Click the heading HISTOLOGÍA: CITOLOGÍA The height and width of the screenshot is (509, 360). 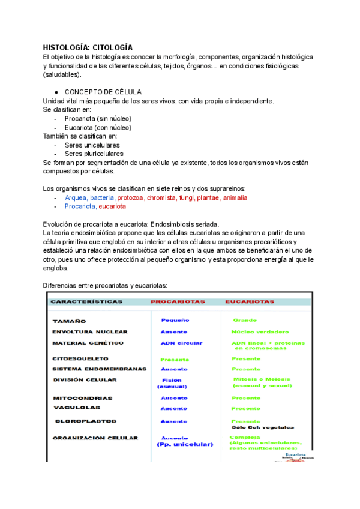(x=88, y=47)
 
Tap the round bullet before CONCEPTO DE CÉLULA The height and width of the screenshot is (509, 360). (x=56, y=92)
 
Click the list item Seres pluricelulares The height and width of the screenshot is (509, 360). (x=94, y=154)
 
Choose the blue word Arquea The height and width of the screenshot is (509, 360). (x=76, y=197)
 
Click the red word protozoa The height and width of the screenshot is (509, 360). (x=130, y=197)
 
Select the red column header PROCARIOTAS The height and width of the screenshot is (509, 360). (x=177, y=302)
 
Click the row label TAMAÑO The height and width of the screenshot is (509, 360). (x=70, y=322)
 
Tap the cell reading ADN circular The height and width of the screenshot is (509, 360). (x=181, y=343)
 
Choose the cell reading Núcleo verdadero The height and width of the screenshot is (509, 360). (x=260, y=332)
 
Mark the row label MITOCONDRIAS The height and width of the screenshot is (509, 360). (x=82, y=398)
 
